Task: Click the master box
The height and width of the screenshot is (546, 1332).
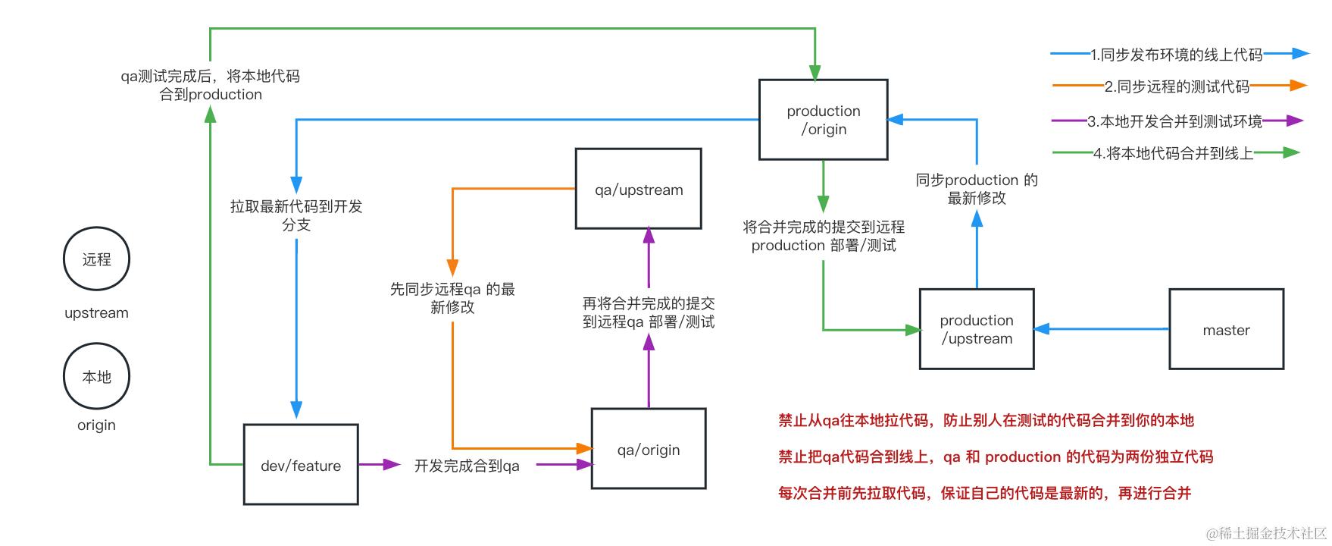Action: tap(1225, 329)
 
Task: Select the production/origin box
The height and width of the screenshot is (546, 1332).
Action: tap(823, 120)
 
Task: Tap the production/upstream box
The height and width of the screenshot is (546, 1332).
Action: tap(976, 329)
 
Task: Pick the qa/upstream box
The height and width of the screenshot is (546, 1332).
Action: tap(638, 190)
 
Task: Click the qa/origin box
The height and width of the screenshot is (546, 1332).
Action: tap(648, 450)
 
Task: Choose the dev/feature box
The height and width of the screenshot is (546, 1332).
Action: tap(300, 465)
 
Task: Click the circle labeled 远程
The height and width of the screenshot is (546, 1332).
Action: tap(96, 259)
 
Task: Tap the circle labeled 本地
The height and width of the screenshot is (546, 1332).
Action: tap(96, 377)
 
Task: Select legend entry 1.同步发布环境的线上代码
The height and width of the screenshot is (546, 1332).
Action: tap(1176, 55)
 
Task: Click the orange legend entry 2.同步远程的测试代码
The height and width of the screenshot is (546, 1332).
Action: tap(1176, 86)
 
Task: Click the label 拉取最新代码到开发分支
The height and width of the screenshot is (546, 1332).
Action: tap(296, 215)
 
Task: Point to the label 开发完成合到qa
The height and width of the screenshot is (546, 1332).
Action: tap(467, 466)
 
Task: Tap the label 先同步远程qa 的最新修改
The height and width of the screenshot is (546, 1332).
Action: tap(452, 298)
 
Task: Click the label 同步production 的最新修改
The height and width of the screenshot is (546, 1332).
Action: tap(976, 189)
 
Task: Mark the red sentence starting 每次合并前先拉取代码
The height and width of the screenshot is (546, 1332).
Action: tap(984, 494)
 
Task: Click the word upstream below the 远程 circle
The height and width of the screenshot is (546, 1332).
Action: tap(96, 312)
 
